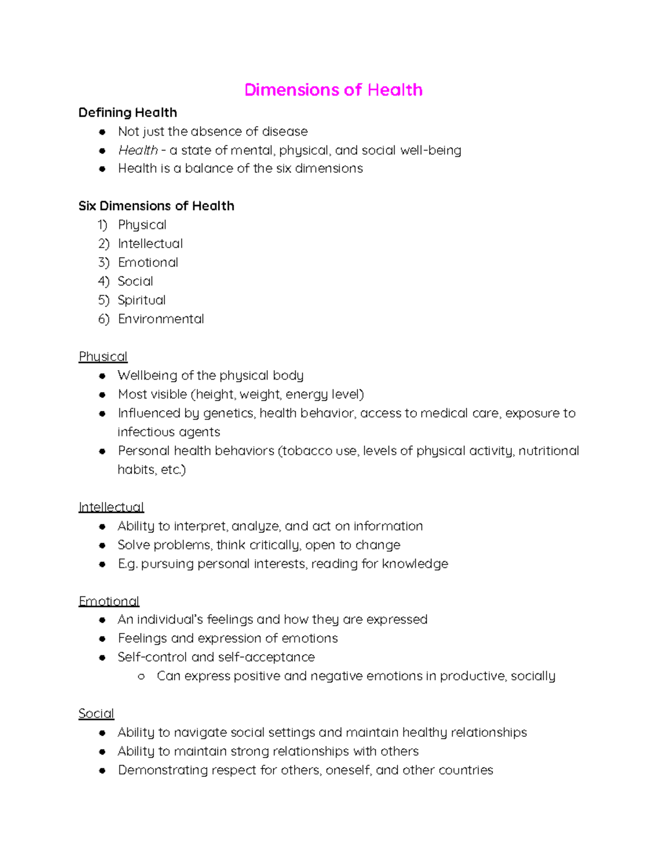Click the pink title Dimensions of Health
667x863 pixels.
coord(333,90)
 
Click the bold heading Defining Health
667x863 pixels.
coord(127,113)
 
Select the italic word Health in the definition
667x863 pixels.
coord(138,151)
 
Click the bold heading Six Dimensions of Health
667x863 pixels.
coord(156,206)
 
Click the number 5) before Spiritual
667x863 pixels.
coord(103,300)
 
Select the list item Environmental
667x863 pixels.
coord(161,319)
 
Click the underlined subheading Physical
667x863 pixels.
coord(103,357)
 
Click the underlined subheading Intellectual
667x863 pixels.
coord(111,507)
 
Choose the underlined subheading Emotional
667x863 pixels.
coord(109,601)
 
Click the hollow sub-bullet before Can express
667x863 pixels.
coord(141,676)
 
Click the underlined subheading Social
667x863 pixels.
coord(96,714)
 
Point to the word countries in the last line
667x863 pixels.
coord(466,770)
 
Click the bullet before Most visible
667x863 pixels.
coord(102,395)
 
